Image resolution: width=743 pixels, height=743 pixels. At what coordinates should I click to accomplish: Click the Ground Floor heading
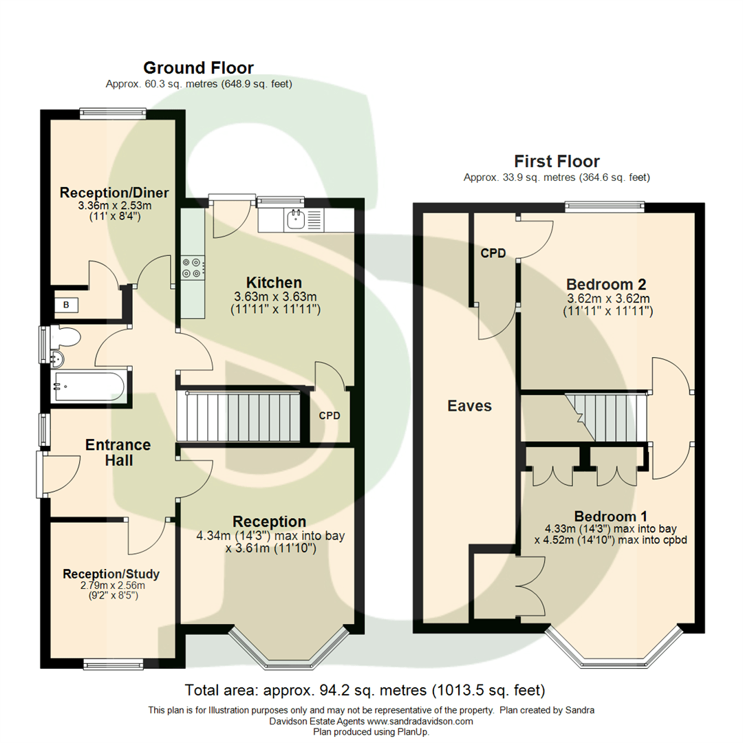click(x=198, y=67)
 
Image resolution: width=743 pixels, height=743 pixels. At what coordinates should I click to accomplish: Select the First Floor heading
click(x=557, y=162)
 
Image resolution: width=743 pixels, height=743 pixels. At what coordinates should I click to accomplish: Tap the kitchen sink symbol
click(x=296, y=219)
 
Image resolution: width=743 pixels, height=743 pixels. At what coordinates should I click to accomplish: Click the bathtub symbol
click(x=88, y=387)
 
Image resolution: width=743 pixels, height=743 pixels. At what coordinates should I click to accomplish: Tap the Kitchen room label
click(x=274, y=283)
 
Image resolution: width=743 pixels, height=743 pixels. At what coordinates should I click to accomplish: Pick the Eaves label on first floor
click(x=469, y=406)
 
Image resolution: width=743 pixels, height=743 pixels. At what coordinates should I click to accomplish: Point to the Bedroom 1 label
click(x=612, y=516)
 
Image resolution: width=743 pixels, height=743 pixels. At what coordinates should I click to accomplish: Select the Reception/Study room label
click(x=111, y=574)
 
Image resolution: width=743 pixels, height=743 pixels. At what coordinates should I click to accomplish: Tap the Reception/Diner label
click(x=114, y=192)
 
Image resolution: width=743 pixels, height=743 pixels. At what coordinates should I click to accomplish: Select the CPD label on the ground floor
click(x=329, y=416)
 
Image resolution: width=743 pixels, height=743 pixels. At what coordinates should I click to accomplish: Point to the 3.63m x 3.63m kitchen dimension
click(x=274, y=297)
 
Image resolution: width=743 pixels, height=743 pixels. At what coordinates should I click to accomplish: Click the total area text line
click(x=365, y=689)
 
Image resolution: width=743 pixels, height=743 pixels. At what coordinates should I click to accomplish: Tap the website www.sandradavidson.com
click(x=420, y=721)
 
